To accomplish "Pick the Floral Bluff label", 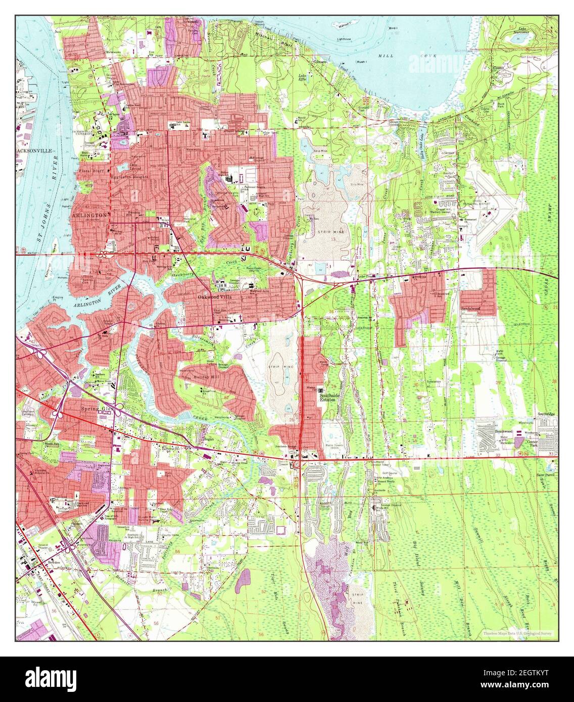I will click(90, 171).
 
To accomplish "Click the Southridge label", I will click(546, 414).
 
